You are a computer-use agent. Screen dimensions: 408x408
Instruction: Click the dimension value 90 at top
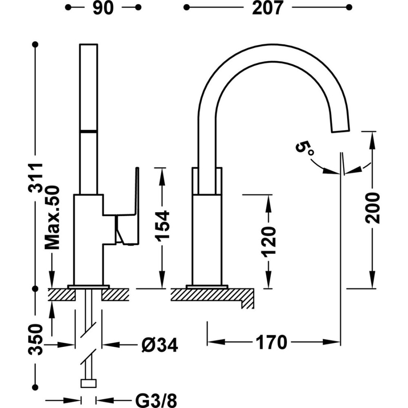coord(102,8)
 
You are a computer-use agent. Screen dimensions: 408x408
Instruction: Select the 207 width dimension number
coord(267,8)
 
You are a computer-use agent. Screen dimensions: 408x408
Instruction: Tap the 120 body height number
coord(269,242)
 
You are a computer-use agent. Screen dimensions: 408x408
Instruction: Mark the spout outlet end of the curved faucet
coord(341,126)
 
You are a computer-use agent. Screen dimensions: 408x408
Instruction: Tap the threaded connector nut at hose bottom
coord(89,384)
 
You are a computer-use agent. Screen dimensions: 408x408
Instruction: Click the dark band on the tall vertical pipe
coord(89,131)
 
